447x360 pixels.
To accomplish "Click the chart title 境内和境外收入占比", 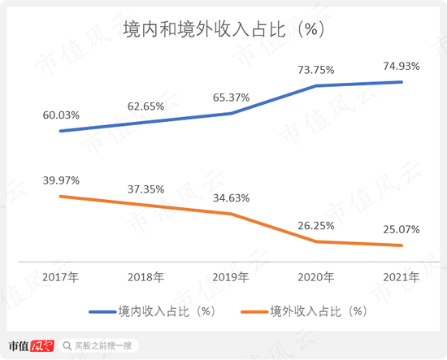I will [223, 30].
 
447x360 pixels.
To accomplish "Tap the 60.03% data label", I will [62, 115].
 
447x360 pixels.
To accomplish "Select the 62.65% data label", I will [147, 106].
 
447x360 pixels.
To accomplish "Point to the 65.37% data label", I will [232, 98].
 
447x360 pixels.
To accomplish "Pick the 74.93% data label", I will [401, 67].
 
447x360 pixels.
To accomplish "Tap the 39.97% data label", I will [62, 180].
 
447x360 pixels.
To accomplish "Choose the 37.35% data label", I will [147, 189].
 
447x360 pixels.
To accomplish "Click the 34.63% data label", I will [232, 197].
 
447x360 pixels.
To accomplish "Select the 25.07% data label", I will [401, 230].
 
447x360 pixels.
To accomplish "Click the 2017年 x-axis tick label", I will [62, 277].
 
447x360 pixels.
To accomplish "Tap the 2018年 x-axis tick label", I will [147, 277].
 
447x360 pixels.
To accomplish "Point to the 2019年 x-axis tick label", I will [232, 277].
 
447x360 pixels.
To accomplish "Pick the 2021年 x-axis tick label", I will [401, 277].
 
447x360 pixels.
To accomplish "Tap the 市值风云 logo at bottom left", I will [30, 346].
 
